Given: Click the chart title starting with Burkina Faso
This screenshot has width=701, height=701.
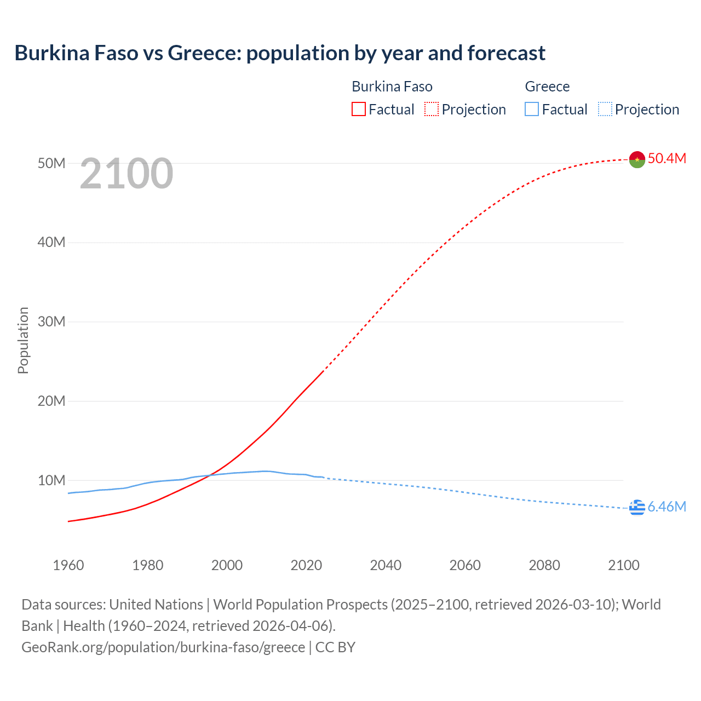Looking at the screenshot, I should coord(280,53).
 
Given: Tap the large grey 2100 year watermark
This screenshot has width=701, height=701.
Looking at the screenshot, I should coord(127,174).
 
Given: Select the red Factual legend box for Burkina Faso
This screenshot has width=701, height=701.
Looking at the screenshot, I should coord(358,110).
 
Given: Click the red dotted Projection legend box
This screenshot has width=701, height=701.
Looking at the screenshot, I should coord(432,110).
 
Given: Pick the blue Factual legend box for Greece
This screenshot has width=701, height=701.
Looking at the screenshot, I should coord(531,110).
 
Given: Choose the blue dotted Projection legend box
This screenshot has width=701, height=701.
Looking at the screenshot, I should coord(605,110).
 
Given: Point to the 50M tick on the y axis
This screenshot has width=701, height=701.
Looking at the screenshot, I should coord(51,163).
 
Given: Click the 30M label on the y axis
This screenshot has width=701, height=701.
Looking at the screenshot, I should coord(51,321).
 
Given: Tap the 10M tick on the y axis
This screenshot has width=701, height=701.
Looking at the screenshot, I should coord(51,480).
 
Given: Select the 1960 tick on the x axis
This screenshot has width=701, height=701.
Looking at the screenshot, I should coord(68,565).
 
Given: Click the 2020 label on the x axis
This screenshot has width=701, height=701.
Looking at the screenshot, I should coord(306,565).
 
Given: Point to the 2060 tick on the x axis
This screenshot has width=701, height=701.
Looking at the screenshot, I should coord(465,565).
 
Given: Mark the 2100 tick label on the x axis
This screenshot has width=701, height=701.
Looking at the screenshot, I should coord(623,565).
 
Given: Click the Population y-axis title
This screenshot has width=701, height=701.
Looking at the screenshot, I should coord(23,340).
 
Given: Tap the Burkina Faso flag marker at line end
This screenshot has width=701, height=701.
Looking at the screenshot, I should coord(637,159).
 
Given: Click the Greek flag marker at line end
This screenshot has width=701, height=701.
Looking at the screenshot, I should coord(637,508).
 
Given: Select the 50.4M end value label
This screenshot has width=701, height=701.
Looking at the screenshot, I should coord(666,158).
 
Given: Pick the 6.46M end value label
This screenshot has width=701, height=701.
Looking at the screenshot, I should coord(666,507).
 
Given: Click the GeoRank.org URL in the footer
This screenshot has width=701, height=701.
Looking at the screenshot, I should coord(163,647).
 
